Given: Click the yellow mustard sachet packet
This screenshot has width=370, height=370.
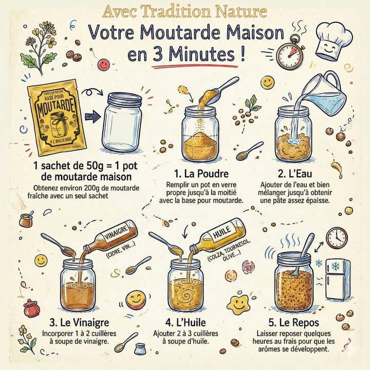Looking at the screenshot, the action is coord(57,117).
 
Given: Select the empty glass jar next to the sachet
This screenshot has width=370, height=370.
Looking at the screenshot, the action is coord(122,122).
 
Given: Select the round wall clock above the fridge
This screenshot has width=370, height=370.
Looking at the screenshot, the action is coord(337,238).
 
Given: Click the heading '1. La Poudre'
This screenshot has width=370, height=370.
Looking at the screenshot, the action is coord(201,174).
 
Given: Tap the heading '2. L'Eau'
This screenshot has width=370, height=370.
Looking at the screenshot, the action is coord(295,174).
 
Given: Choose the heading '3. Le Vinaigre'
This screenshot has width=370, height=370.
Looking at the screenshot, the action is coord(79,322).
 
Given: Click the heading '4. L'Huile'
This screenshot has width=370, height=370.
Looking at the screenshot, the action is coord(186,322).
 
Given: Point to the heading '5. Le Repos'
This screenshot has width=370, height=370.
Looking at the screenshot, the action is coord(294,322).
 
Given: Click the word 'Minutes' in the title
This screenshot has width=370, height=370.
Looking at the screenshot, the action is coord(202,54).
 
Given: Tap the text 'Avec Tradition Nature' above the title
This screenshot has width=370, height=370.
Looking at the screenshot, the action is coord(185,12).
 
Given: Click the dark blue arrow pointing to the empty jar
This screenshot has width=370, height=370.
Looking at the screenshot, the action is coord(92,116).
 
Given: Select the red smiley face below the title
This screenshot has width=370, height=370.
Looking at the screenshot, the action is coord(104,65).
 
